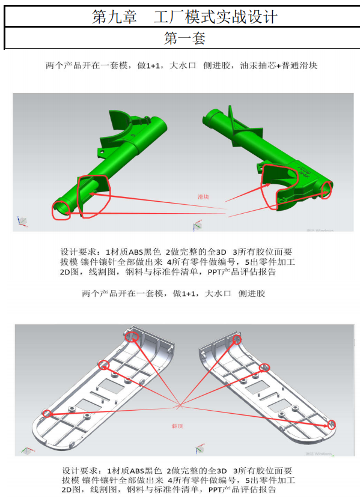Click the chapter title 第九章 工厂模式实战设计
pyautogui.click(x=185, y=17)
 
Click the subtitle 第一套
pyautogui.click(x=185, y=38)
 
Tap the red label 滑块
pyautogui.click(x=203, y=197)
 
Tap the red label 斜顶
pyautogui.click(x=177, y=426)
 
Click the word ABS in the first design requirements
pyautogui.click(x=136, y=252)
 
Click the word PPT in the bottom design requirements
pyautogui.click(x=215, y=489)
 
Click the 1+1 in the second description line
pyautogui.click(x=188, y=294)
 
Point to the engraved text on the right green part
pyautogui.click(x=304, y=171)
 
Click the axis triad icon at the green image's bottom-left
pyautogui.click(x=22, y=221)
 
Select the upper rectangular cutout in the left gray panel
pyautogui.click(x=111, y=386)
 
